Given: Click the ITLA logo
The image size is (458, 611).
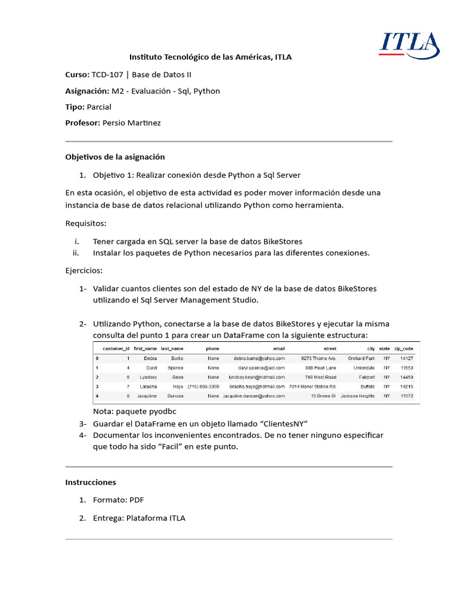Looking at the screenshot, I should (410, 47).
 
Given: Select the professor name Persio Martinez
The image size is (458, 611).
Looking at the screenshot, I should (131, 123).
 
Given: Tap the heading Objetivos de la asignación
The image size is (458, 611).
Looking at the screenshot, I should (114, 157).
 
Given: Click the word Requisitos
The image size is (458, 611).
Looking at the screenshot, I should (85, 223).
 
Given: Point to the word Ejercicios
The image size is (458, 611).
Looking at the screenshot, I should (84, 270).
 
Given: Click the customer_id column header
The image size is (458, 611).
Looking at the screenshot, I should (116, 348).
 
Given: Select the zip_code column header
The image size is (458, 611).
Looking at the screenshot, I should (404, 348).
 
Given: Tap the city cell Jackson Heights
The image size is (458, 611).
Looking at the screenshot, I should (357, 396).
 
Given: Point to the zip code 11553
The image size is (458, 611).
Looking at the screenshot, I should (407, 368).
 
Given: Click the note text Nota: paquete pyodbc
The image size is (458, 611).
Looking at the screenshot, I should (135, 412).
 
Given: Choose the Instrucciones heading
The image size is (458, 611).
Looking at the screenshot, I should (90, 482).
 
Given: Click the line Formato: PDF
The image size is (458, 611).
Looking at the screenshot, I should (119, 500).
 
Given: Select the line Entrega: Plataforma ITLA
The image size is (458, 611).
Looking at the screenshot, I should (139, 518).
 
